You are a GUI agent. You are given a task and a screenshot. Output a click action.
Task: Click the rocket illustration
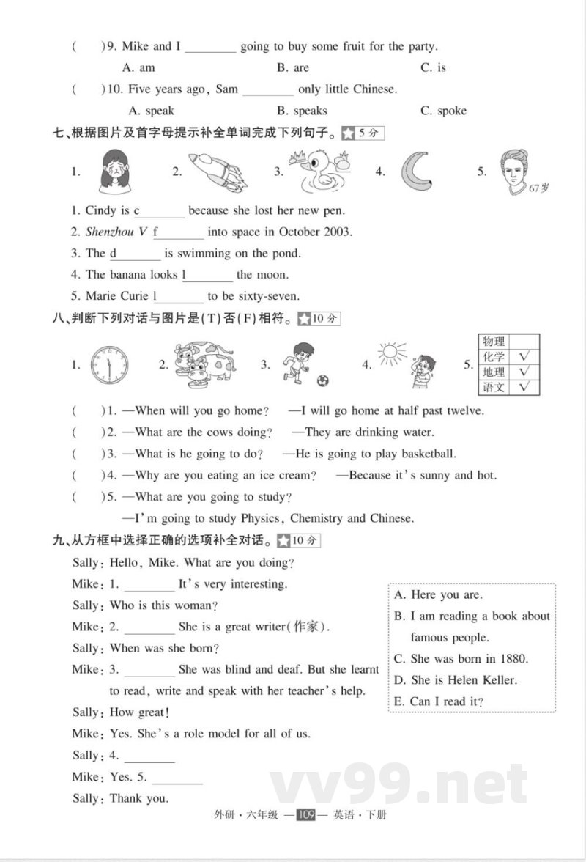(218, 172)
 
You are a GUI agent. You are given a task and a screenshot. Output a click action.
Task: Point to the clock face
(109, 364)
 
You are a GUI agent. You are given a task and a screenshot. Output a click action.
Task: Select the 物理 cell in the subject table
(494, 341)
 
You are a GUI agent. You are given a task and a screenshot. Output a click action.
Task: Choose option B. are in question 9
(293, 67)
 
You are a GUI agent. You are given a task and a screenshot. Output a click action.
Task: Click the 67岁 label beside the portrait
(538, 188)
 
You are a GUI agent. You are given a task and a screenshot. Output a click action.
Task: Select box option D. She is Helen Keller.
(455, 679)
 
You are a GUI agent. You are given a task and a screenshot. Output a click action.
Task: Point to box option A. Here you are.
(438, 594)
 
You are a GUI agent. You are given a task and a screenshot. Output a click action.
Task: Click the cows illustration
(204, 363)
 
